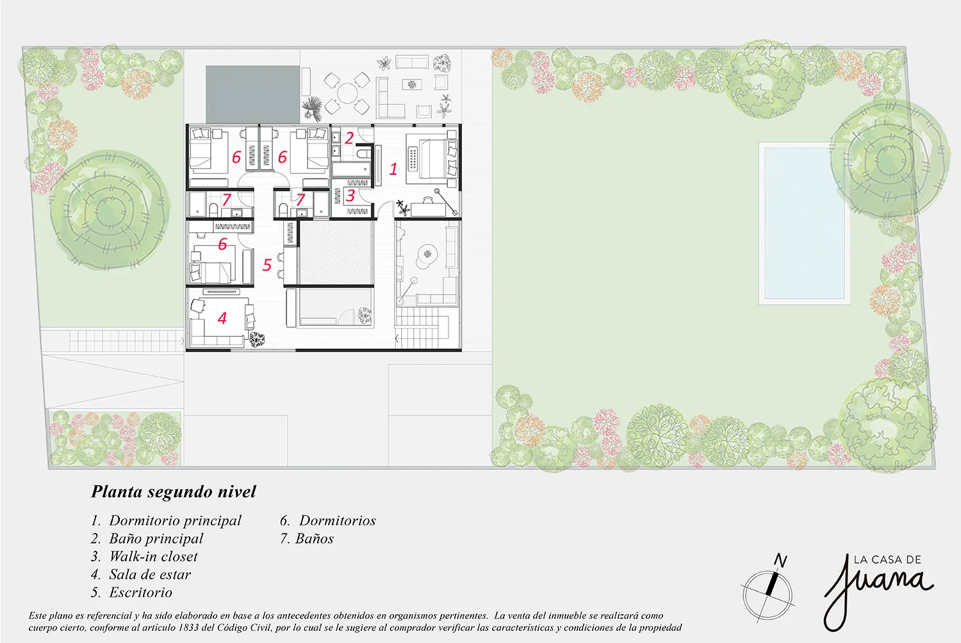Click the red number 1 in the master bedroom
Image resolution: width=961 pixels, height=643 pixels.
[393, 169]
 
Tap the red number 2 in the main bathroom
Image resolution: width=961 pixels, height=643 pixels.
[349, 138]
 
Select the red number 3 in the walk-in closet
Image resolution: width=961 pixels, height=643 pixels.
[350, 195]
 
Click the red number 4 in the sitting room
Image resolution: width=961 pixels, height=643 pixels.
[222, 318]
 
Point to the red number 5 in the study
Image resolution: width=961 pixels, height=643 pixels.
[267, 265]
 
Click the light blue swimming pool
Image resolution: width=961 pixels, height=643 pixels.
[804, 224]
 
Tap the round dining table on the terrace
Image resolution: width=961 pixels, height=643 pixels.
[347, 93]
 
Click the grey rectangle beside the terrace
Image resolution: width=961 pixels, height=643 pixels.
[252, 94]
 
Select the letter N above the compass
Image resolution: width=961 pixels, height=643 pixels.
[780, 560]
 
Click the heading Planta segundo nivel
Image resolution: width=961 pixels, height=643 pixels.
[174, 492]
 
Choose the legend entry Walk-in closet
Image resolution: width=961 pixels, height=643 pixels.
[144, 557]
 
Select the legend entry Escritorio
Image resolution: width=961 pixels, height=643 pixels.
[132, 592]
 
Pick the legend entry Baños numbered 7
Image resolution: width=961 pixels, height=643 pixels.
[307, 539]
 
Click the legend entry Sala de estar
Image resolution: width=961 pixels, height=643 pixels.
[141, 574]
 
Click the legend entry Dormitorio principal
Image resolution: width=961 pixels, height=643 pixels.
[167, 521]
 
